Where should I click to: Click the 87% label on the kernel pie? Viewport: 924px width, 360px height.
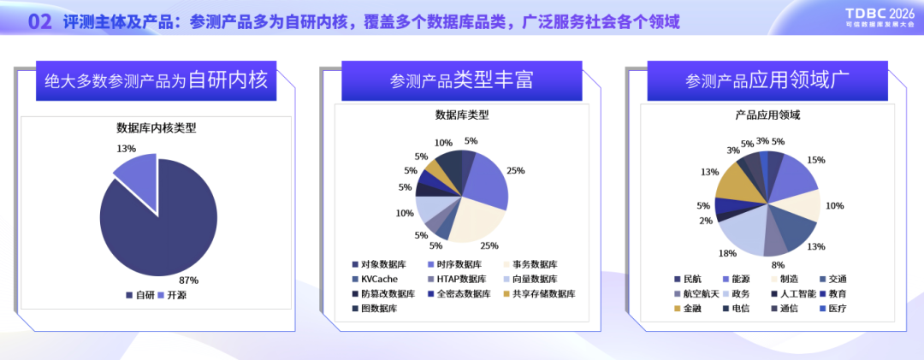[x=189, y=280]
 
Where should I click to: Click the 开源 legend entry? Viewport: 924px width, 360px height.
[x=172, y=295]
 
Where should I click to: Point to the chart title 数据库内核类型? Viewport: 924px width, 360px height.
[x=157, y=128]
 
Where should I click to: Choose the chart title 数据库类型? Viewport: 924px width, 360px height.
[x=461, y=115]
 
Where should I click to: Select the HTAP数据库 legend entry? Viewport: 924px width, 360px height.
[x=457, y=279]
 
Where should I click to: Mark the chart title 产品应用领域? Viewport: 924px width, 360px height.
[x=767, y=115]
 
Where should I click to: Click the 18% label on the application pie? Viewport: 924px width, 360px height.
[x=727, y=253]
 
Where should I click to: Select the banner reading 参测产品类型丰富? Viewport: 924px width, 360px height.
[x=461, y=80]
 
